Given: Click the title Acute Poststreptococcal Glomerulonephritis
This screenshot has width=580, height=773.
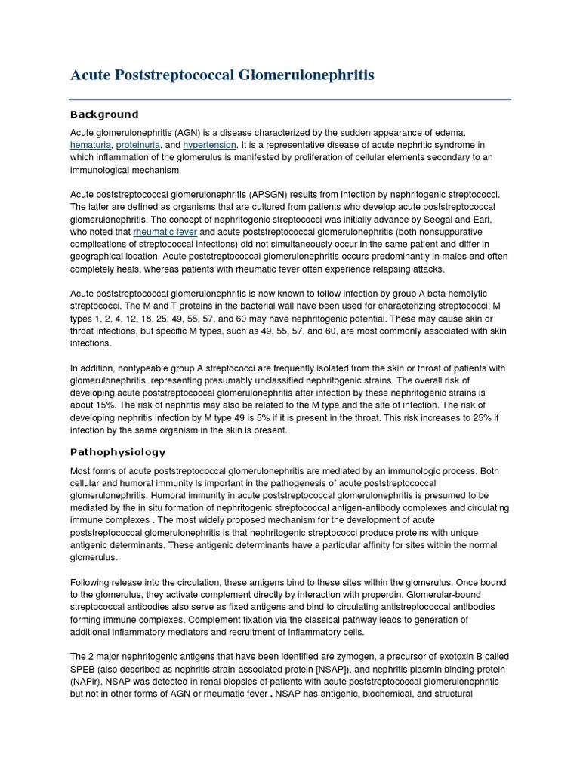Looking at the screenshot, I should [221, 75].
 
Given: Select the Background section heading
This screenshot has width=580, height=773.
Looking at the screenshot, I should [104, 115].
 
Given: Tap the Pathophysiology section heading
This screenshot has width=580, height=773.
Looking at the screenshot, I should [118, 452].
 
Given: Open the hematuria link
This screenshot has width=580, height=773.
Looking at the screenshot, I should [91, 145].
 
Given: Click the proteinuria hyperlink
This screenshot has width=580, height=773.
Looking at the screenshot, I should [137, 145].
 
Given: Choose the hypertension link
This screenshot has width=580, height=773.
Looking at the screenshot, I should [210, 145].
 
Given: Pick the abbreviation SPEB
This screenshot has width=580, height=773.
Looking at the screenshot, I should [84, 670].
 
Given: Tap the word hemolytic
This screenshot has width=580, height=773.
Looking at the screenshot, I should [463, 294].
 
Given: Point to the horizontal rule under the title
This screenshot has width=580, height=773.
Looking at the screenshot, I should [290, 100].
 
